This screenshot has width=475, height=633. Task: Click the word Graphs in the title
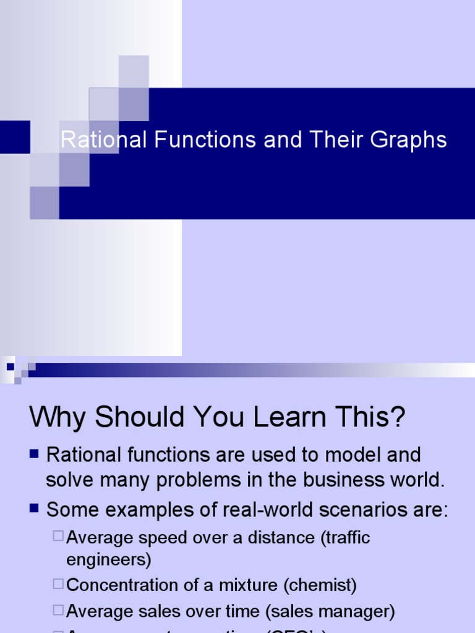(x=409, y=140)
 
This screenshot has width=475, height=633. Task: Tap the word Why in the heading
(x=56, y=417)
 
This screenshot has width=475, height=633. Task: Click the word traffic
(x=345, y=537)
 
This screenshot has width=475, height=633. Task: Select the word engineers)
(x=109, y=560)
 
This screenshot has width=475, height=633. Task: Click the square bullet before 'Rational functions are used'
(x=35, y=455)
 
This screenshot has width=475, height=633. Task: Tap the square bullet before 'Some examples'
(x=35, y=509)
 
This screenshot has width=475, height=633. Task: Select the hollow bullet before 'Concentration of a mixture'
(x=58, y=583)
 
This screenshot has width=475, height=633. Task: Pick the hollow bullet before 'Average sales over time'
(x=58, y=610)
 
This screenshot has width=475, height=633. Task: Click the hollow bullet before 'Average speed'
(x=58, y=536)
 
